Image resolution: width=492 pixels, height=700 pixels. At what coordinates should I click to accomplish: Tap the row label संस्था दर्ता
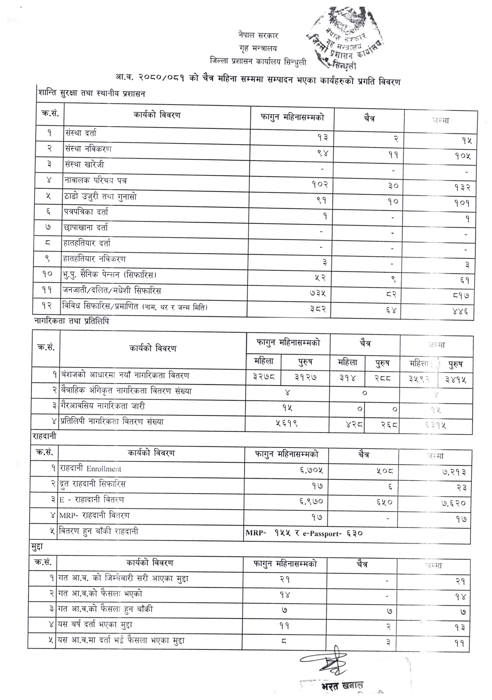pyautogui.click(x=80, y=133)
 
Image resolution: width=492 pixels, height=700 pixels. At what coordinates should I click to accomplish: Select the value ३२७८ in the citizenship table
pyautogui.click(x=263, y=376)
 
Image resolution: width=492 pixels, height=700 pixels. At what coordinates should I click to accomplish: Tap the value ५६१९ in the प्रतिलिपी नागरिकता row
pyautogui.click(x=287, y=424)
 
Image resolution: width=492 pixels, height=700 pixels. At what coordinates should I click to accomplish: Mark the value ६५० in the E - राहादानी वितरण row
pyautogui.click(x=384, y=502)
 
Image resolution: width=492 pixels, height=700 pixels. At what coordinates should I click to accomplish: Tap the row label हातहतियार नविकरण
pyautogui.click(x=94, y=259)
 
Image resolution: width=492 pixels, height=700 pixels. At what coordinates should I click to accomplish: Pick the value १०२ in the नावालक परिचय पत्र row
pyautogui.click(x=320, y=184)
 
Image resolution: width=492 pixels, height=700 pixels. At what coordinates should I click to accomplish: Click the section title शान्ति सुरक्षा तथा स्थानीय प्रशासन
pyautogui.click(x=92, y=93)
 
